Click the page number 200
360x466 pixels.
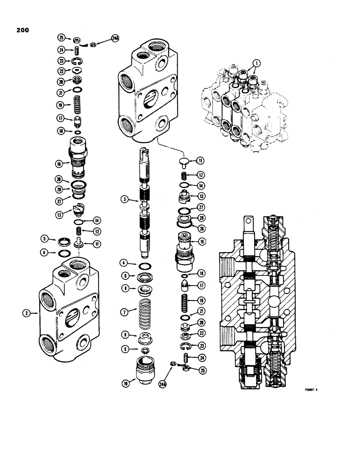[21, 31]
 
